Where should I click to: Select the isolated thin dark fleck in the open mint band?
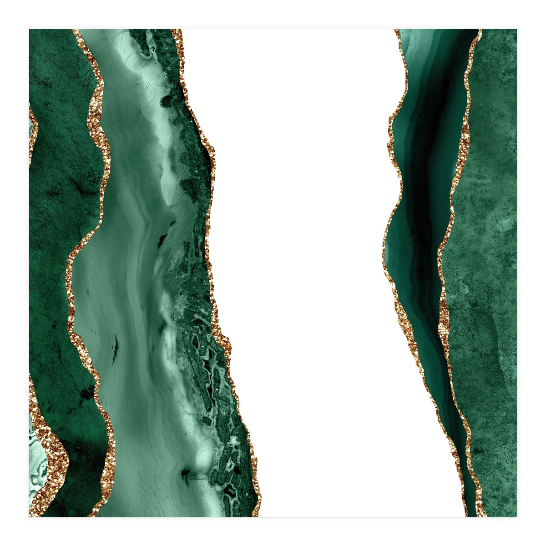(116, 348)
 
